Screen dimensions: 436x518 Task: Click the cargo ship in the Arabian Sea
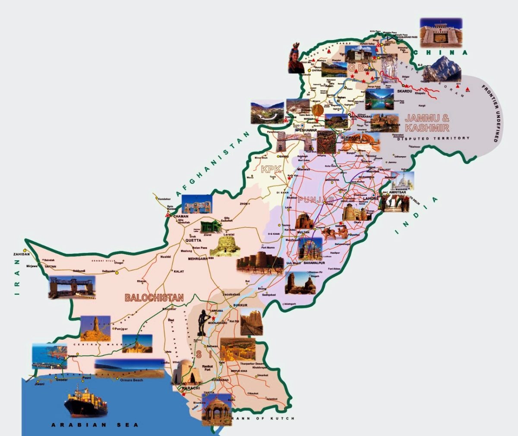(x=86, y=401)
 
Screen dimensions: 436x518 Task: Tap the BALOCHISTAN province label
(x=154, y=297)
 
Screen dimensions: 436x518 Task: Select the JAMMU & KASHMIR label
(x=427, y=123)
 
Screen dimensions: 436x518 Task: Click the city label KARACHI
(x=190, y=388)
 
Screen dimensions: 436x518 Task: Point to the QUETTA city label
(x=193, y=240)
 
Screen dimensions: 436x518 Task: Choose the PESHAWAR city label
(x=306, y=130)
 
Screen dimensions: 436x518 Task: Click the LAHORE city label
(x=370, y=199)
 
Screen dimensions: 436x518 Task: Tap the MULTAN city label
(x=303, y=232)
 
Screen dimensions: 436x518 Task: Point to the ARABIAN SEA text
(x=95, y=425)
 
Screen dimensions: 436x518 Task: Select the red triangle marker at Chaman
(x=167, y=215)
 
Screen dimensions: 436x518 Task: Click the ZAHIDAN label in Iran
(x=22, y=254)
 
